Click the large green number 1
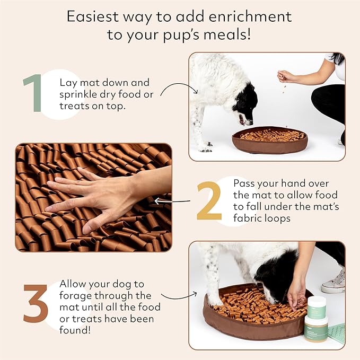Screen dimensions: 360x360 (33, 94)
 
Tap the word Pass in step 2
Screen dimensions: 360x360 (246, 182)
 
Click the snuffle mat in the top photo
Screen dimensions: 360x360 (269, 139)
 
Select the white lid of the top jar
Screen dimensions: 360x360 (316, 302)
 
